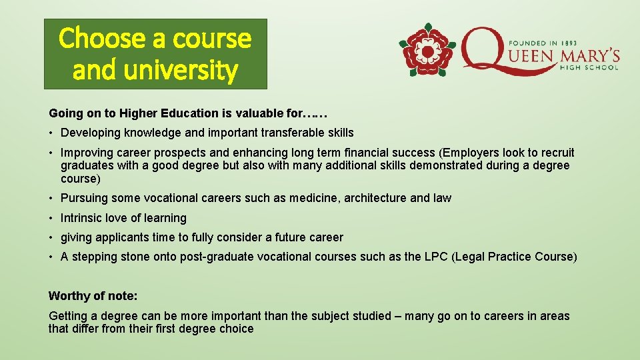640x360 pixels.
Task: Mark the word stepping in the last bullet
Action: pos(94,257)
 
